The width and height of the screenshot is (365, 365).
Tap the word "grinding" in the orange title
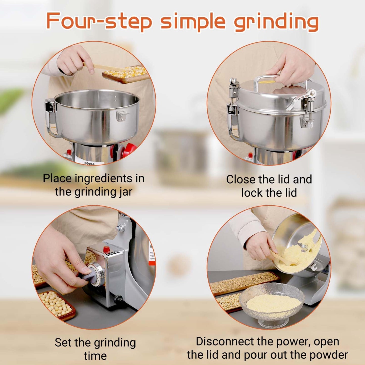coord(276,22)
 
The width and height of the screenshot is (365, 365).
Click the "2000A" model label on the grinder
coord(89,163)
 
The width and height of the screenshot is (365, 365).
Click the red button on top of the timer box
coord(106,250)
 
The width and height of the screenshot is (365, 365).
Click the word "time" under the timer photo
coord(95,356)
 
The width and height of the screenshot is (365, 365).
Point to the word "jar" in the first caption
coord(126,192)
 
